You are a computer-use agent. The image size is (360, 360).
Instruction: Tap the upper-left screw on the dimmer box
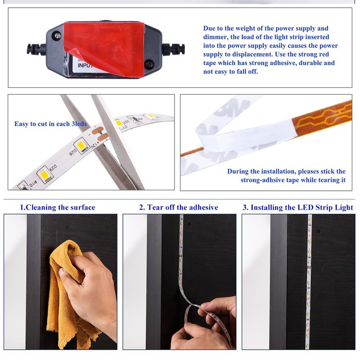coord(58,36)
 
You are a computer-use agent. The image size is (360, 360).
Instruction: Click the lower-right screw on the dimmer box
coord(149,63)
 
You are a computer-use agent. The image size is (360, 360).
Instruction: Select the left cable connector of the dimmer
coord(36,49)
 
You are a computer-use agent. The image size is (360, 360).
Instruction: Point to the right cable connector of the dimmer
coord(174,49)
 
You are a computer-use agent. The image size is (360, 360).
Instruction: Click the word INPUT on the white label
coord(85,65)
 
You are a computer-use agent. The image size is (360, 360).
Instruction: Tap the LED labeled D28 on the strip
coord(81,145)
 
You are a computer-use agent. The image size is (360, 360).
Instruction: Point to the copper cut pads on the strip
coord(100,133)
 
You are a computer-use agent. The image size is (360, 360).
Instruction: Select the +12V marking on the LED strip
coord(95,145)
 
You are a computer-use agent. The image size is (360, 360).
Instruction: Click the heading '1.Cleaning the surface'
coord(58,207)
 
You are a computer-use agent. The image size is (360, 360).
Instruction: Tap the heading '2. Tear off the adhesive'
coord(179,207)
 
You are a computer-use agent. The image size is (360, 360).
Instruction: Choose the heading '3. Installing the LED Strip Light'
coord(298,207)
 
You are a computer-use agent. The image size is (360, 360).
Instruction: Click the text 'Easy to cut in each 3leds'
coord(50,124)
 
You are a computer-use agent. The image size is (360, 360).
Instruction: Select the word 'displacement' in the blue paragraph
coord(250,54)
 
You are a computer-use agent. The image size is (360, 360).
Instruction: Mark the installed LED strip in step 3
coord(309,282)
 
